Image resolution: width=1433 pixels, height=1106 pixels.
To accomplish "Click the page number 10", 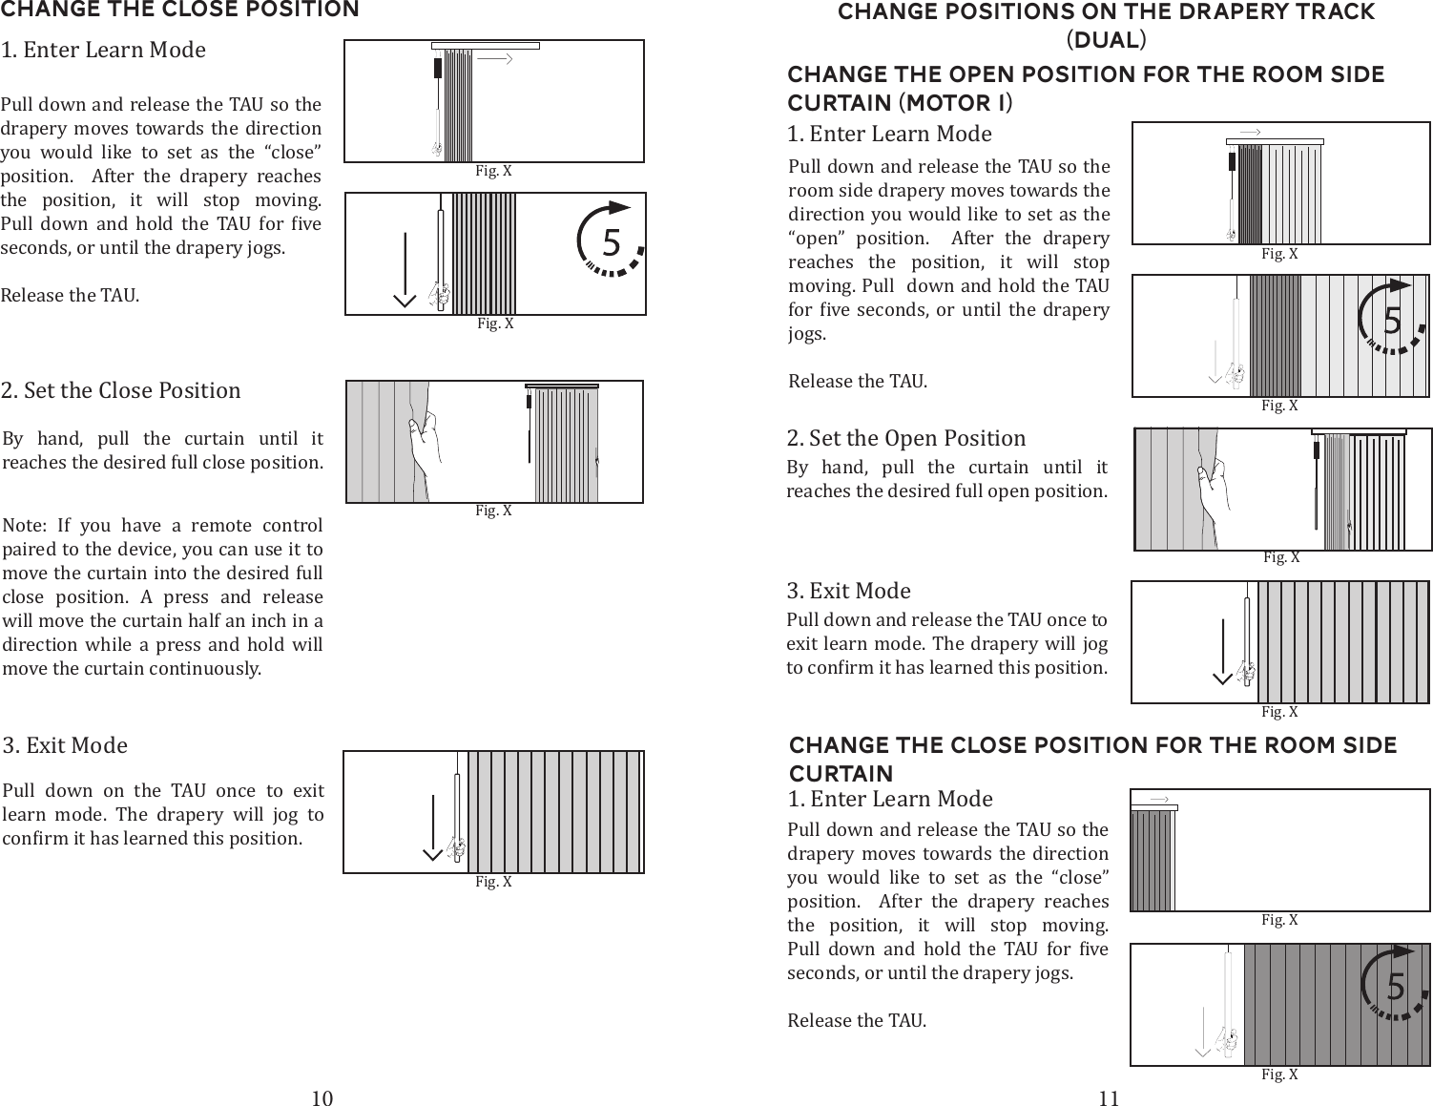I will [322, 1097].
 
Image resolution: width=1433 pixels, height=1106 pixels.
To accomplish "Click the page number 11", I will [1108, 1097].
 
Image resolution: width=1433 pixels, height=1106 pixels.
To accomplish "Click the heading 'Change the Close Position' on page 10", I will [179, 10].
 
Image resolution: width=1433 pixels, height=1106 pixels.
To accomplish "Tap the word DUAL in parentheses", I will [1107, 41].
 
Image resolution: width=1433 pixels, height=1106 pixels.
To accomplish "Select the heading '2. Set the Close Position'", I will [121, 390].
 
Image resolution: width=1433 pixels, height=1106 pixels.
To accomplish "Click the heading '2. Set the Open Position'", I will [906, 438].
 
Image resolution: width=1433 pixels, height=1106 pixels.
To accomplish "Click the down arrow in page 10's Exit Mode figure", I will [432, 826].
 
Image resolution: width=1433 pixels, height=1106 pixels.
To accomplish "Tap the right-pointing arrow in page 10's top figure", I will [496, 59].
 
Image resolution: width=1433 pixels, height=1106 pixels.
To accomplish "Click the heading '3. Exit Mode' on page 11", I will [848, 591].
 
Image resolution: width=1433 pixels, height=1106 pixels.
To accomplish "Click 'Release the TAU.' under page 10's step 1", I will [70, 295].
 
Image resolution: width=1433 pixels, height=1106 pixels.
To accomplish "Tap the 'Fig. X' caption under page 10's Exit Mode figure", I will [493, 882].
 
